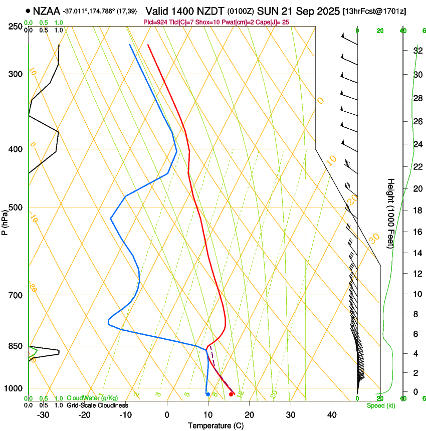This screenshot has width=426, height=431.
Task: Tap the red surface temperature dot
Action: tap(231, 394)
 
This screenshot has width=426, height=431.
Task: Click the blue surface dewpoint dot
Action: tap(208, 394)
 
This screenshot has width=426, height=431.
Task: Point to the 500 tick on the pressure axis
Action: tap(16, 207)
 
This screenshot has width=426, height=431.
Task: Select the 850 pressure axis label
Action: tap(16, 346)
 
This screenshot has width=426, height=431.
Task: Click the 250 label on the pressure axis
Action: tap(16, 27)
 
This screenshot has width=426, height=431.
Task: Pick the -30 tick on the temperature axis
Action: tap(43, 414)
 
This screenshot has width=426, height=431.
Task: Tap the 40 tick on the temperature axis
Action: tap(332, 414)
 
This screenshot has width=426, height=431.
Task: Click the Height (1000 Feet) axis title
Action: tap(391, 213)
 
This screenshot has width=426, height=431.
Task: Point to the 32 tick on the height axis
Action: tap(403, 51)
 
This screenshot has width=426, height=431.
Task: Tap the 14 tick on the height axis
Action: tap(403, 253)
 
